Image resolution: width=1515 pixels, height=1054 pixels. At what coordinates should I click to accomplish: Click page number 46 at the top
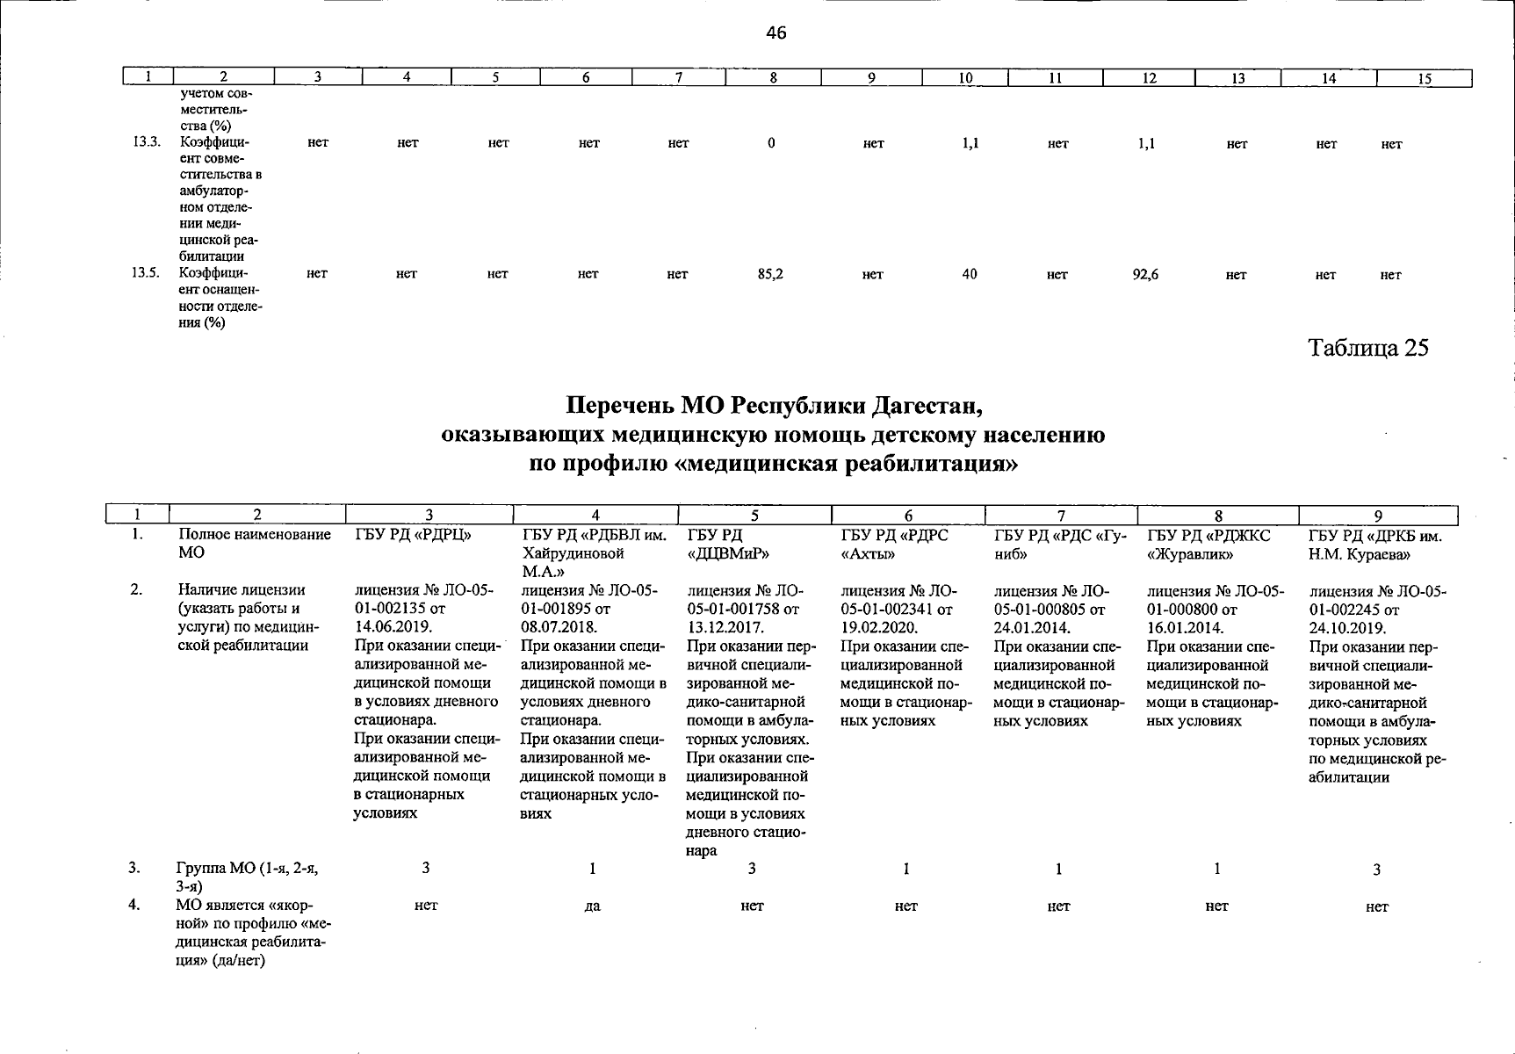(x=776, y=33)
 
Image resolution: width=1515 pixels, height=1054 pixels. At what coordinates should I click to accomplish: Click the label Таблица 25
(x=1368, y=348)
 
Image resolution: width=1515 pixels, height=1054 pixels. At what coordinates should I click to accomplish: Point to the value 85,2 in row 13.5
(x=770, y=274)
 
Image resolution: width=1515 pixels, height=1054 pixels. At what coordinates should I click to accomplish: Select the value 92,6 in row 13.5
(x=1145, y=274)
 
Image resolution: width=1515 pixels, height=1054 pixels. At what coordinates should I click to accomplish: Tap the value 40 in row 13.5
(x=969, y=274)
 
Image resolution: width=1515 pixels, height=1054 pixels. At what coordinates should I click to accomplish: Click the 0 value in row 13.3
(x=770, y=143)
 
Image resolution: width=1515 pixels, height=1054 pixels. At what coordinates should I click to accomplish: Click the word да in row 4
(x=592, y=906)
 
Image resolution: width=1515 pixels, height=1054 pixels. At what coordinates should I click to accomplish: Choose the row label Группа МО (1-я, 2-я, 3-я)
(x=248, y=877)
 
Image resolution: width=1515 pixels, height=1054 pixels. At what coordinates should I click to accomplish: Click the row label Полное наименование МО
(x=255, y=544)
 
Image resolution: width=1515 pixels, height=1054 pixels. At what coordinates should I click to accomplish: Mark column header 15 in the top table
(x=1425, y=79)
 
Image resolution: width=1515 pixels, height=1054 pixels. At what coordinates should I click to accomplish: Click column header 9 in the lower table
(x=1377, y=516)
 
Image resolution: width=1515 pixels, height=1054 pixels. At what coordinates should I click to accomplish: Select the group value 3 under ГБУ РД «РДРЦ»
(x=426, y=869)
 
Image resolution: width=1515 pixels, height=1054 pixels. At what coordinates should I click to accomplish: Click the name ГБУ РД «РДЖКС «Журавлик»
(x=1208, y=545)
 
